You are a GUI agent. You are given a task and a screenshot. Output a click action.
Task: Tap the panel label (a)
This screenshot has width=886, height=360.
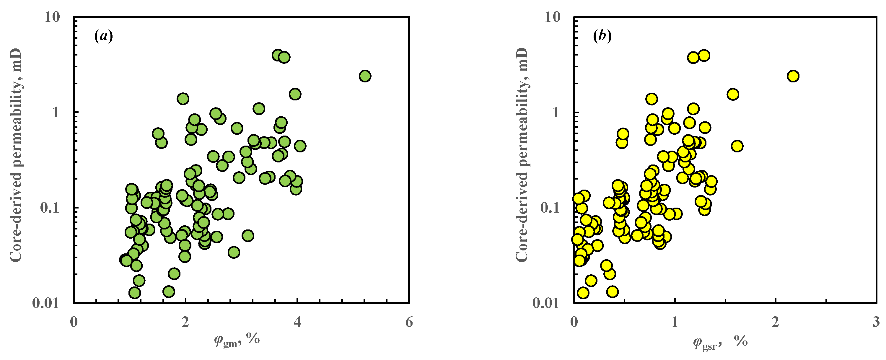click(x=104, y=36)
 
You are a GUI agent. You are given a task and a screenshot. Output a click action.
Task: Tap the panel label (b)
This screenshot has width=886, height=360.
click(x=602, y=36)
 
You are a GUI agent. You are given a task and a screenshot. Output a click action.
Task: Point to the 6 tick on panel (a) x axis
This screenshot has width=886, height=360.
click(x=409, y=322)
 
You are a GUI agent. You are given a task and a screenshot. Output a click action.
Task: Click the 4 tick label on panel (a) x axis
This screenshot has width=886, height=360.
click(x=297, y=322)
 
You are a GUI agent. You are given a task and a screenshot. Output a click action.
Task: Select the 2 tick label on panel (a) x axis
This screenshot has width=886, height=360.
click(x=185, y=322)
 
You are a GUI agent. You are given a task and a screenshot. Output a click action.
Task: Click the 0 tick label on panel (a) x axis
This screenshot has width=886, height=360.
click(x=74, y=322)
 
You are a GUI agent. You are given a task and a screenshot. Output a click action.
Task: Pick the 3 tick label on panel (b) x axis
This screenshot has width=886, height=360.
click(x=876, y=322)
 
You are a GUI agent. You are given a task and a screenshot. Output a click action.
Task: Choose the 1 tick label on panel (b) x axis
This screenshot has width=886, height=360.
click(x=675, y=322)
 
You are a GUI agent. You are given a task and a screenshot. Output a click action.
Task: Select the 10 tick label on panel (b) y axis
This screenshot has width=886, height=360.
click(x=552, y=17)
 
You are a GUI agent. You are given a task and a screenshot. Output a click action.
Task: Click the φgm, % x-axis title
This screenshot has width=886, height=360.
click(x=237, y=341)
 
